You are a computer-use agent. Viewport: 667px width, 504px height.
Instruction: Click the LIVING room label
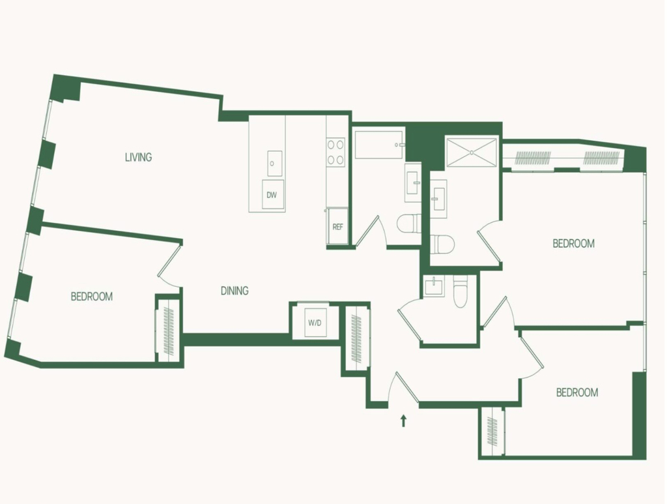coord(138,157)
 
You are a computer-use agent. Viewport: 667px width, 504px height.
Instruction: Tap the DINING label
coord(234,291)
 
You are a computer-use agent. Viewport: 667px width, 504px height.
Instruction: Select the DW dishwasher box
coord(272,194)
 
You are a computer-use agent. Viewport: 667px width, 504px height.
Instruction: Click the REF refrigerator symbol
coord(338,226)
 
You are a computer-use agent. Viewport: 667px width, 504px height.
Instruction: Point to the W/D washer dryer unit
coord(315,322)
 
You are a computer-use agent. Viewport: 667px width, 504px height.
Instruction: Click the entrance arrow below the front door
coord(403,421)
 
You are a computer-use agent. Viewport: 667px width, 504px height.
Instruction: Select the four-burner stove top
coord(335,152)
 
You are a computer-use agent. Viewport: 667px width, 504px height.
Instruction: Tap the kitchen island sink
coord(274,163)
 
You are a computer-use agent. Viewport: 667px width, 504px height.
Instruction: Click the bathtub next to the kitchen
coord(378,145)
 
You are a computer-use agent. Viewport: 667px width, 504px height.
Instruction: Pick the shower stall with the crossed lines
coord(471,151)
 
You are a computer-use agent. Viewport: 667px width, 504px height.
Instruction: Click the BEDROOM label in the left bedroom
coord(91,296)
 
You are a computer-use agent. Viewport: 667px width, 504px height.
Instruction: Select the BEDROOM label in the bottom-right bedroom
coord(577,392)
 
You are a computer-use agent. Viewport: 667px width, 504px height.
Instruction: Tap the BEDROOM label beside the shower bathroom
coord(573,243)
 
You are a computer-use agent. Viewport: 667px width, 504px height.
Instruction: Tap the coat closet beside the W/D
coord(356,338)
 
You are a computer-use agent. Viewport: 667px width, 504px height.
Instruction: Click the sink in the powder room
coord(434,286)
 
